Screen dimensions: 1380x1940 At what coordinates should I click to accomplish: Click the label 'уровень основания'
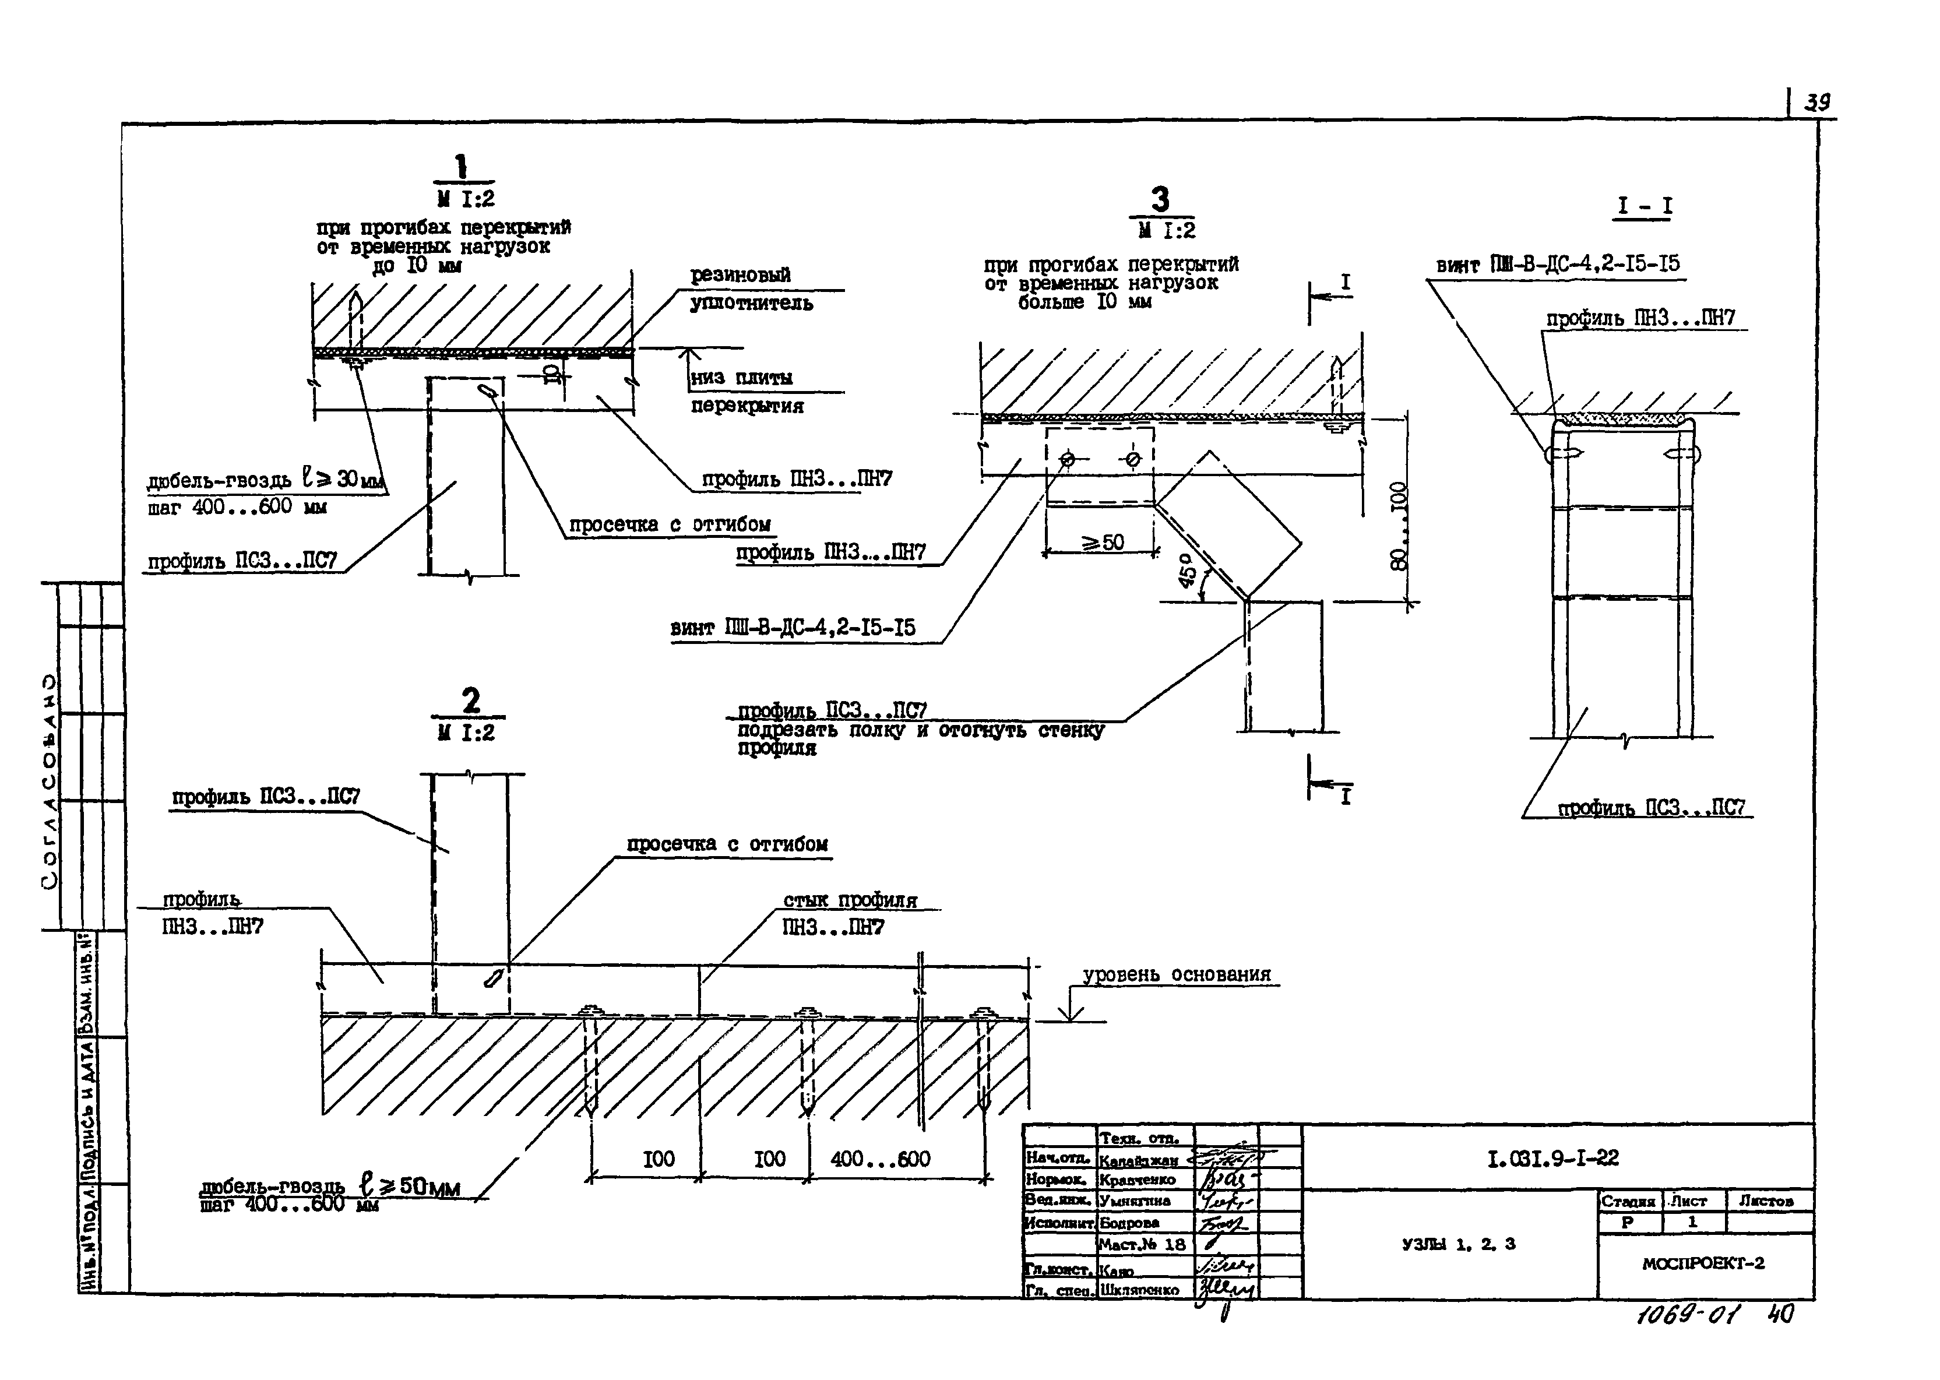coord(1177,974)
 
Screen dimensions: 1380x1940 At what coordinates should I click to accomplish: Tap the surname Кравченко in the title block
coord(1137,1180)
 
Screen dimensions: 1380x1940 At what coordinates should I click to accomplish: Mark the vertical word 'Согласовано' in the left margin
coord(50,781)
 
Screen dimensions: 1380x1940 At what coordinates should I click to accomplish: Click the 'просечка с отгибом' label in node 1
coord(669,524)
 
